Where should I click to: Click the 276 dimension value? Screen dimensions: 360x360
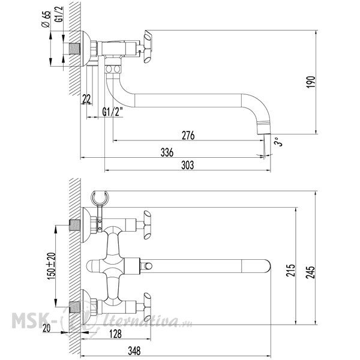point(188,135)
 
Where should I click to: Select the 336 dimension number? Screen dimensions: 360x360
point(167,152)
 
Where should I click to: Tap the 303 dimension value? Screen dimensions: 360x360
point(187,165)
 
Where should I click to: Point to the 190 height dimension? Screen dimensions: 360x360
point(311,82)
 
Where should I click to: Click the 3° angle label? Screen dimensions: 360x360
point(278,142)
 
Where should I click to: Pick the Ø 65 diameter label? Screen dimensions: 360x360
point(46,19)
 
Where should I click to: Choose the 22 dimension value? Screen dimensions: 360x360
point(86,99)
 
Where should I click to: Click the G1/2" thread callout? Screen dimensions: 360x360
point(112,112)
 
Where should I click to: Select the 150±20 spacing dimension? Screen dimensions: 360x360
point(51,266)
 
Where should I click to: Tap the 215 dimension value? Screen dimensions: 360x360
point(290,270)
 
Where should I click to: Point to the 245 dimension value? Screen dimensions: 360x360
point(311,272)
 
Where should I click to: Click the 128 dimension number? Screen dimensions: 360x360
point(115,334)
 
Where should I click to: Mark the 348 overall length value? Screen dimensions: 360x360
point(134,351)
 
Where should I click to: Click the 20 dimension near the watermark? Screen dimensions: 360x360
point(46,328)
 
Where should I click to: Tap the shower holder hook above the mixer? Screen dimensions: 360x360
point(100,198)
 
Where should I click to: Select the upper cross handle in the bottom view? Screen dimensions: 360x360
point(147,225)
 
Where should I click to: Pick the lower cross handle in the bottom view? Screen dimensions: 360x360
point(147,307)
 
